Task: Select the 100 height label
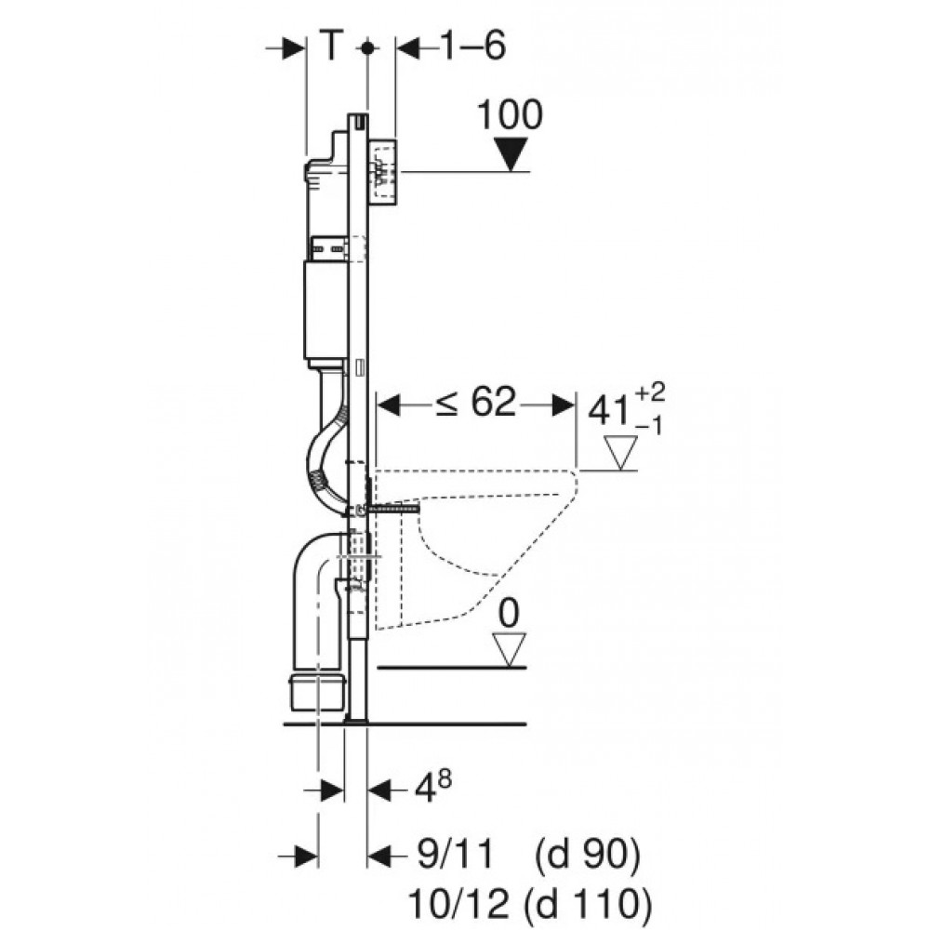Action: [510, 114]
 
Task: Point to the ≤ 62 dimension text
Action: [476, 403]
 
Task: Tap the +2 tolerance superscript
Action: [650, 392]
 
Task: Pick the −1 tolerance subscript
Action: [649, 425]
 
